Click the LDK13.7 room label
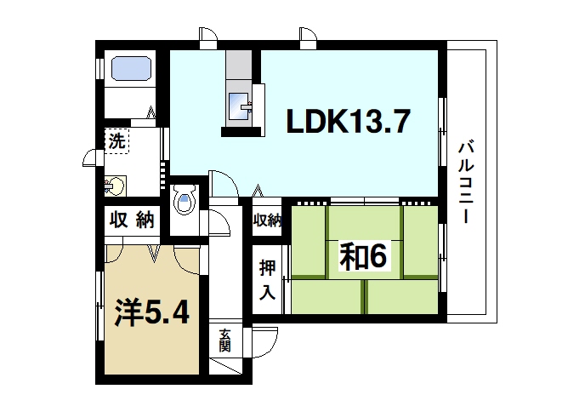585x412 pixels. point(348,122)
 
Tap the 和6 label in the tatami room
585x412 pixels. point(364,256)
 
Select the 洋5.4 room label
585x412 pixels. point(152,312)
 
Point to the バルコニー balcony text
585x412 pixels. point(465,182)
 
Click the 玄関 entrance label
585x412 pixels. point(224,340)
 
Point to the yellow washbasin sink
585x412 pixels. point(115,184)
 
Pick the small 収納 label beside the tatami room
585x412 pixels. point(266,220)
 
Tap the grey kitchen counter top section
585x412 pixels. point(239,64)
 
